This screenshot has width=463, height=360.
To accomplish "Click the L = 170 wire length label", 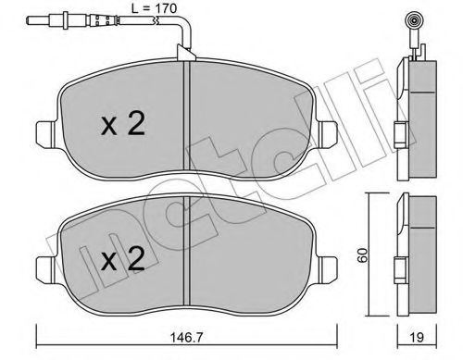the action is (154, 8).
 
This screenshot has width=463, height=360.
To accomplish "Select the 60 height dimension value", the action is (363, 254).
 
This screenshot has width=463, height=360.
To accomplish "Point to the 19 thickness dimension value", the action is (417, 338).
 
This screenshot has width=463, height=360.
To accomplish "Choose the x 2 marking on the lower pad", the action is (123, 259).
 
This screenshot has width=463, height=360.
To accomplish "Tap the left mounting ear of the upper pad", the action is (46, 133).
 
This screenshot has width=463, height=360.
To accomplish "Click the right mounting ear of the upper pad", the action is (328, 133).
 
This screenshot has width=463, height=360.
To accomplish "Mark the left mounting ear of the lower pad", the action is (46, 268).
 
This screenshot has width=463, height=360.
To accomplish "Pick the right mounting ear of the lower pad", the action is (328, 268).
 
